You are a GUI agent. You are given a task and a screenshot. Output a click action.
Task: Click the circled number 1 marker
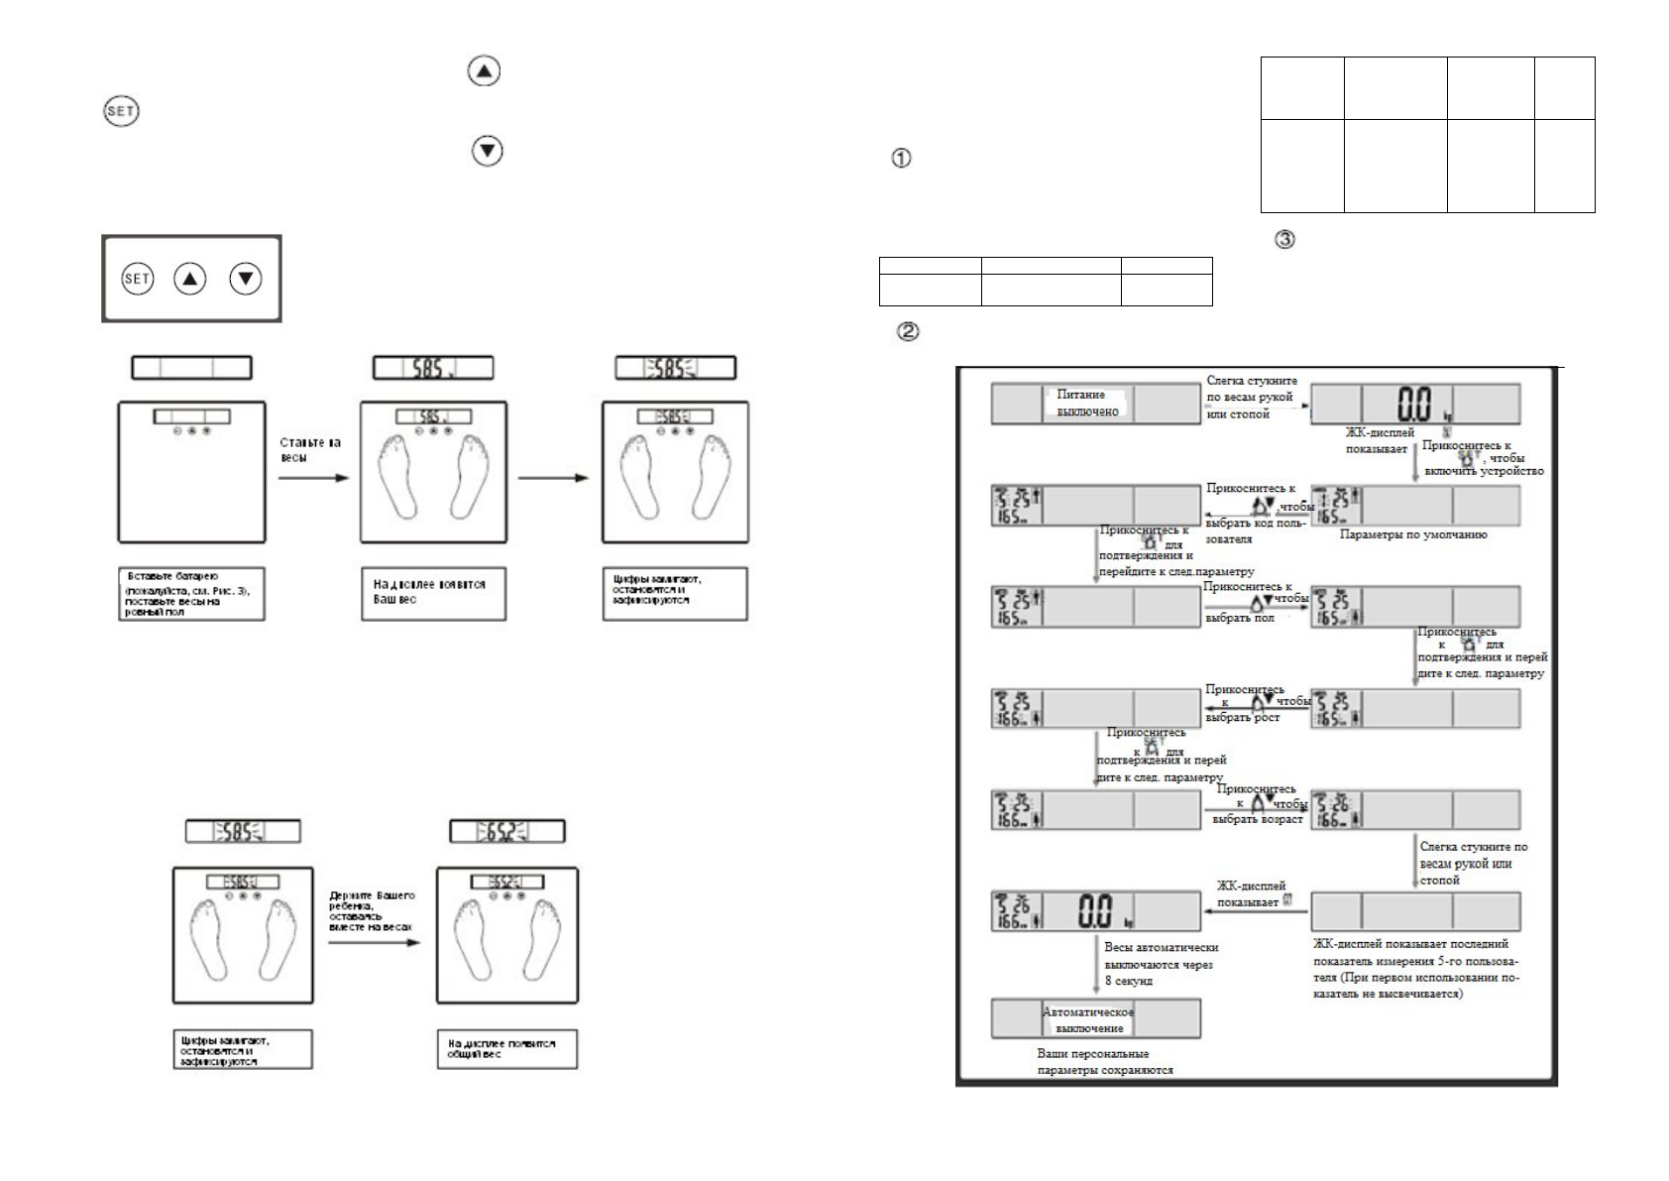pyautogui.click(x=902, y=158)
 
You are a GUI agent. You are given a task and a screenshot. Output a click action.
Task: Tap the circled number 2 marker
pyautogui.click(x=906, y=332)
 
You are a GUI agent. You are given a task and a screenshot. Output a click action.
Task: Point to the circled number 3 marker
pyautogui.click(x=1284, y=239)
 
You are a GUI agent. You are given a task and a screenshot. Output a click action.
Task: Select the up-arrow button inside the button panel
pyautogui.click(x=190, y=279)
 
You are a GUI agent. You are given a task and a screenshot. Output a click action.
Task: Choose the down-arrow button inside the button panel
pyautogui.click(x=245, y=279)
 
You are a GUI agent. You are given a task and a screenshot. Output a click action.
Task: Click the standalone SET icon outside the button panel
pyautogui.click(x=121, y=111)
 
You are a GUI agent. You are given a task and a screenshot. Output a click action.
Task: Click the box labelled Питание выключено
pyautogui.click(x=1087, y=404)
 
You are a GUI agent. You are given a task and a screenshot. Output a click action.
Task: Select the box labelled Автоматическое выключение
pyautogui.click(x=1088, y=1019)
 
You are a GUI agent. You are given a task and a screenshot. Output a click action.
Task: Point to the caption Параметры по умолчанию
pyautogui.click(x=1413, y=534)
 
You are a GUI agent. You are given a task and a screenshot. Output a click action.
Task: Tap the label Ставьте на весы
pyautogui.click(x=310, y=451)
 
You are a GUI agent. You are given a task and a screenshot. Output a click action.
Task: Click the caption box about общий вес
pyautogui.click(x=506, y=1049)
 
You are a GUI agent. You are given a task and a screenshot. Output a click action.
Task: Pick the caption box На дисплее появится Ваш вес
pyautogui.click(x=432, y=593)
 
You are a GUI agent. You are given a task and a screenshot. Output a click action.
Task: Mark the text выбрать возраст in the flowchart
pyautogui.click(x=1254, y=819)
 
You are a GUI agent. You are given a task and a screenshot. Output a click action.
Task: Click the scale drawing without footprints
pyautogui.click(x=191, y=471)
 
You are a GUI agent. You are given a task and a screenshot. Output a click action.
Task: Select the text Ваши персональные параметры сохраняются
pyautogui.click(x=1092, y=1062)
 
